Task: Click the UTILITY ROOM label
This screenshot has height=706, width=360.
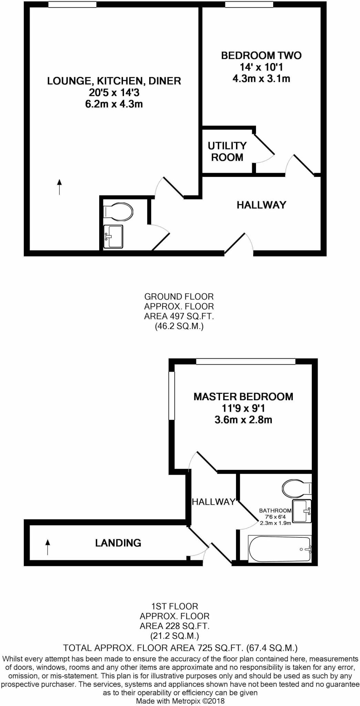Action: point(227,151)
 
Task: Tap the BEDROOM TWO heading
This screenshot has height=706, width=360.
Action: point(261,56)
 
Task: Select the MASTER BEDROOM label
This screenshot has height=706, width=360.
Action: point(243,397)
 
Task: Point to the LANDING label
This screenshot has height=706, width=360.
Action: point(118,543)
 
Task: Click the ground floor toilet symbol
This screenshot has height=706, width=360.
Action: point(119,211)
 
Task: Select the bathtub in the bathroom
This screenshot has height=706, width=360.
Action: point(280,549)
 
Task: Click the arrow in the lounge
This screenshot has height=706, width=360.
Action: point(59,187)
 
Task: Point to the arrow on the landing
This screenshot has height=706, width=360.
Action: point(48,547)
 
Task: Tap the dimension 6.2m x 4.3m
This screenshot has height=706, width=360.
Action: point(114,104)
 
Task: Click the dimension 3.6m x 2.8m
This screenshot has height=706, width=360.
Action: point(243,420)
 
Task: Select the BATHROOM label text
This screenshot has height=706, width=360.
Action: point(275,511)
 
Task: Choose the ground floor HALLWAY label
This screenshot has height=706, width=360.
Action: point(261,205)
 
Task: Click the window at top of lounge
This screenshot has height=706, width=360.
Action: point(72,4)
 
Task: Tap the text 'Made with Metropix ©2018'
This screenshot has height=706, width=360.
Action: point(180,701)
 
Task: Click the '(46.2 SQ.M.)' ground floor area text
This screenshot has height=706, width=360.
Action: point(179,326)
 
